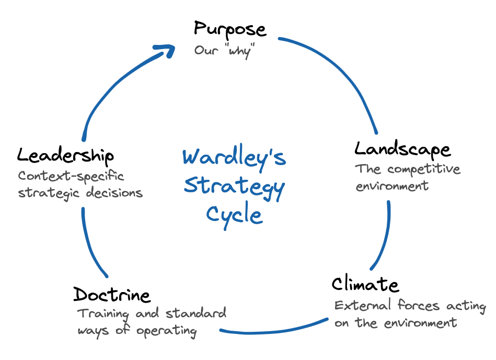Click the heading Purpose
pyautogui.click(x=230, y=29)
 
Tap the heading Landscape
pyautogui.click(x=402, y=149)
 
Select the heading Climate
pyautogui.click(x=365, y=284)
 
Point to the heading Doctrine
pyautogui.click(x=112, y=295)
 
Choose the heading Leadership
pyautogui.click(x=65, y=155)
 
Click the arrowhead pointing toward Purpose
pyautogui.click(x=166, y=51)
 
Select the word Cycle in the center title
pyautogui.click(x=234, y=214)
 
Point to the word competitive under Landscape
pyautogui.click(x=424, y=170)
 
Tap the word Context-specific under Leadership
pyautogui.click(x=71, y=176)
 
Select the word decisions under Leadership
pyautogui.click(x=114, y=193)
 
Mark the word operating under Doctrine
pyautogui.click(x=167, y=331)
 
